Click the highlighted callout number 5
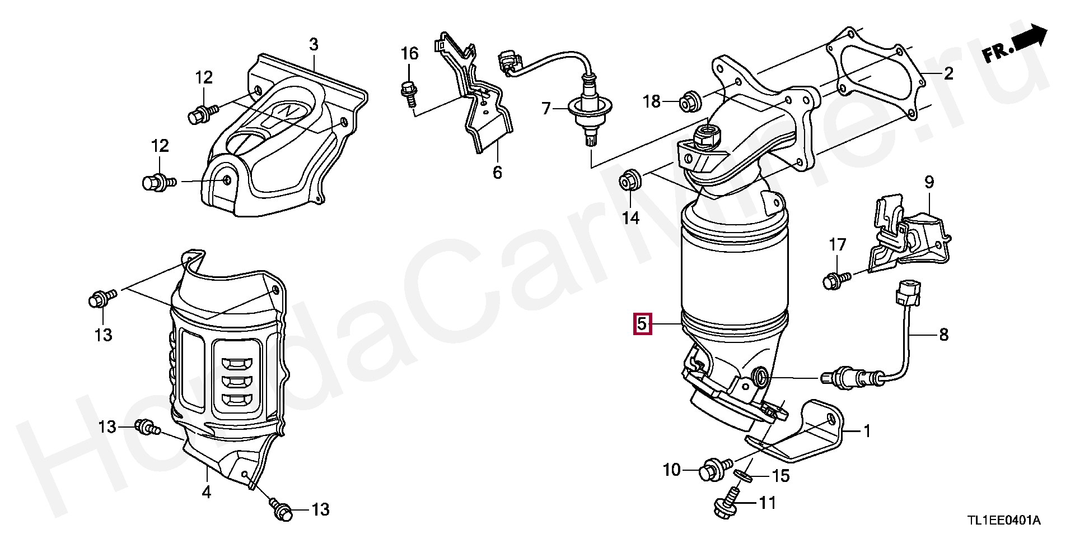point(642,324)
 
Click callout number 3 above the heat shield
point(314,44)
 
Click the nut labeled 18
point(688,102)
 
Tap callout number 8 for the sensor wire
point(943,335)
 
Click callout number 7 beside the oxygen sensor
point(546,108)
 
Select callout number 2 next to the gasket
point(948,73)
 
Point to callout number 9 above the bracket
point(929,182)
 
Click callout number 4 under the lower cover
point(207,492)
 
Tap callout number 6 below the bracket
point(497,172)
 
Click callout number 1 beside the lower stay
point(867,431)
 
